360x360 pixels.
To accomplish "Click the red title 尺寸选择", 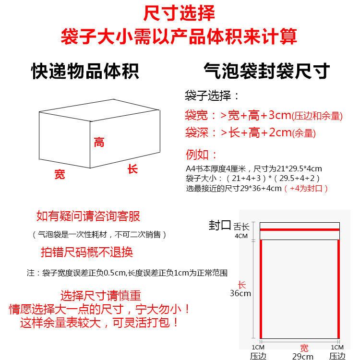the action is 179,13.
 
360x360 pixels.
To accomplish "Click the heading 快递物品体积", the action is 85,71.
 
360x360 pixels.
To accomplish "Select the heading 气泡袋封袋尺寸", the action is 266,71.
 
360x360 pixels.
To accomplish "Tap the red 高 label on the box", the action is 99,142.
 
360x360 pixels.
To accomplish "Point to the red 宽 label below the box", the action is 60,174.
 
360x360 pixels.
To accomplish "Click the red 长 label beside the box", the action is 132,169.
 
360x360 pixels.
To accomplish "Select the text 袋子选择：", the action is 212,96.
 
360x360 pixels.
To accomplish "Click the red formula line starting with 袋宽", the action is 264,115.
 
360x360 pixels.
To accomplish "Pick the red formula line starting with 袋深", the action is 250,132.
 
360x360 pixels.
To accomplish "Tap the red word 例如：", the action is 201,155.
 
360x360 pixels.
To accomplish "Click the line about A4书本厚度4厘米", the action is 254,169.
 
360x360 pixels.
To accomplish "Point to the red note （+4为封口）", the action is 306,189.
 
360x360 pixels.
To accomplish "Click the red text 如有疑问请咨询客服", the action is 88,216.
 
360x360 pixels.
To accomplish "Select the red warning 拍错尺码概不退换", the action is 87,252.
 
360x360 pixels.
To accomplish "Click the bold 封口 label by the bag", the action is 220,225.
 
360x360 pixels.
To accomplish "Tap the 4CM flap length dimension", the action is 241,236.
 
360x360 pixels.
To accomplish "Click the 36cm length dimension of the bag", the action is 240,293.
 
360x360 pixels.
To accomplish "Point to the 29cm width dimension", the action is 302,356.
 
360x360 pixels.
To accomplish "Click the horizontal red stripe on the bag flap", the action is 300,229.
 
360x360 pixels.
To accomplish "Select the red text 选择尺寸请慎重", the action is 101,296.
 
